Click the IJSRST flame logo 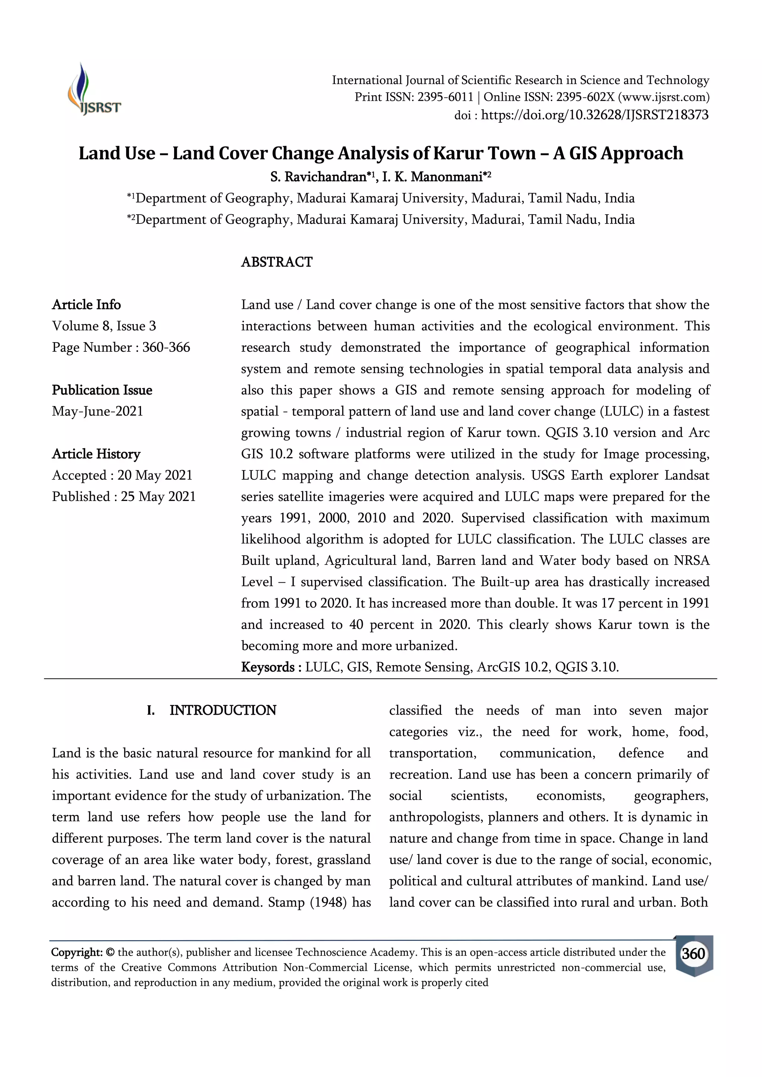[93, 89]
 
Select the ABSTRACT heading [276, 262]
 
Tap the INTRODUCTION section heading [222, 710]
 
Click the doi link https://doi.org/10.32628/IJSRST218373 [595, 115]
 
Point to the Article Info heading [86, 305]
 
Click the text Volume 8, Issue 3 [104, 326]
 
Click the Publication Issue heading [102, 390]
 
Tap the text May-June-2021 [97, 411]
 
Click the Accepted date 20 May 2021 [155, 475]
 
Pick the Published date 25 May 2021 [158, 497]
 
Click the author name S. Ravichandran [318, 177]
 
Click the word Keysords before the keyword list [268, 667]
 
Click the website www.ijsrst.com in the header [663, 97]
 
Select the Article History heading [96, 454]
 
